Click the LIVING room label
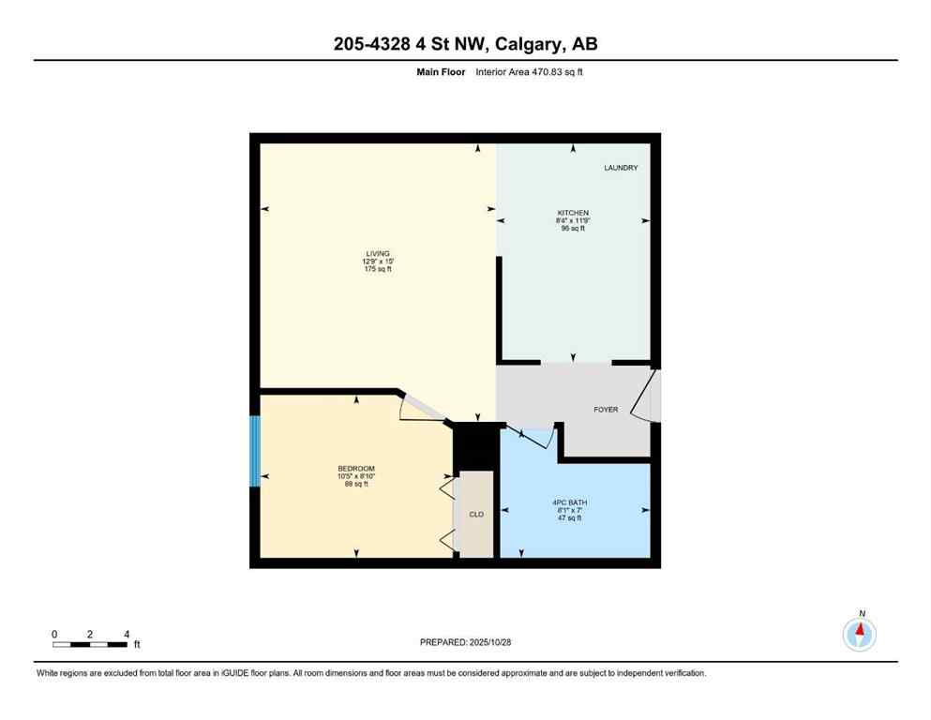pyautogui.click(x=378, y=254)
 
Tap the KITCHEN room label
pyautogui.click(x=573, y=213)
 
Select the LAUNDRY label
pyautogui.click(x=621, y=168)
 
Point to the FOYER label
pyautogui.click(x=606, y=410)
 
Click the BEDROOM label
pyautogui.click(x=356, y=469)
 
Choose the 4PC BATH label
pyautogui.click(x=570, y=503)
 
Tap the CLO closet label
pyautogui.click(x=476, y=515)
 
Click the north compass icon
pyautogui.click(x=860, y=634)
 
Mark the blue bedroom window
pyautogui.click(x=254, y=451)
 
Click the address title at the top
pyautogui.click(x=465, y=43)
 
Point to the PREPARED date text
pyautogui.click(x=465, y=642)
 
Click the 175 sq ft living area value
pyautogui.click(x=378, y=269)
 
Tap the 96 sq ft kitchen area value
pyautogui.click(x=573, y=228)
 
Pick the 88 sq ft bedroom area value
pyautogui.click(x=356, y=484)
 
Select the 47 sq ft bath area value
pyautogui.click(x=570, y=518)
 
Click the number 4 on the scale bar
pyautogui.click(x=126, y=635)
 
